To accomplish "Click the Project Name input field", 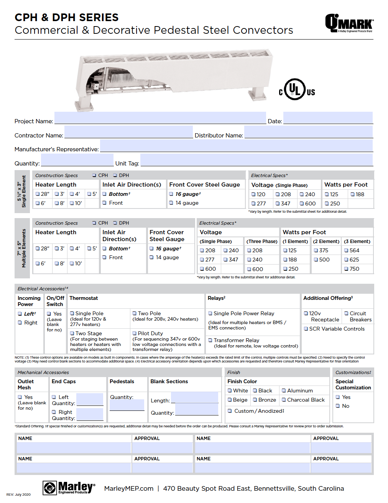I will [x=160, y=118].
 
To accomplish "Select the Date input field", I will [x=328, y=118].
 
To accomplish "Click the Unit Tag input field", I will [x=256, y=160].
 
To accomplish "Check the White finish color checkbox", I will [x=230, y=390].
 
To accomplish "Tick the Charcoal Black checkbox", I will [x=284, y=400].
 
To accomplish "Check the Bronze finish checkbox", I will [x=255, y=400].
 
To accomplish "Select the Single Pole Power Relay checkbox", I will [x=210, y=313].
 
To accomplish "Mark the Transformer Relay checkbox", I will [x=210, y=340].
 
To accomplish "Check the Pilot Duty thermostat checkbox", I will [x=135, y=333].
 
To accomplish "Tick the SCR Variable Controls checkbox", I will [x=306, y=329].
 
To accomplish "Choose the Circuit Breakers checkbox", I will [x=346, y=313].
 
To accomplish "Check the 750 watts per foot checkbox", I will [x=346, y=269].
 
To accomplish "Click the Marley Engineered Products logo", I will [x=69, y=488].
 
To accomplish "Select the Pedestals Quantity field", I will [x=127, y=405].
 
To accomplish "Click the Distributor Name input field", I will [x=308, y=132].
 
